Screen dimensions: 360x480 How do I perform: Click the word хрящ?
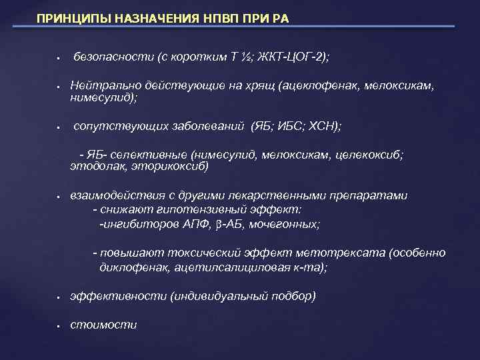[x=260, y=86]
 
